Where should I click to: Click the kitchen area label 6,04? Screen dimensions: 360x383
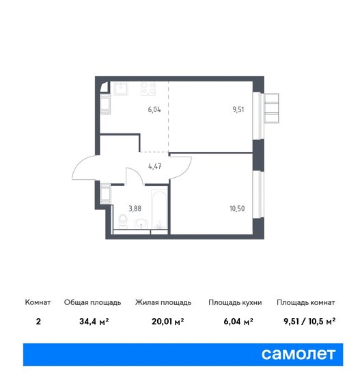pos(154,109)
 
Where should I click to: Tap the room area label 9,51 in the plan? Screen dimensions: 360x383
pos(238,109)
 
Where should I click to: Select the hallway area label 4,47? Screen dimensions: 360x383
pos(154,166)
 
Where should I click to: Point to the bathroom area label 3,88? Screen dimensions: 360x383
pos(135,209)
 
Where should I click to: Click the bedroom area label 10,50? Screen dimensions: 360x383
pos(237,209)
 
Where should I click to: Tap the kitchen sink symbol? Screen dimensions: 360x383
pos(121,88)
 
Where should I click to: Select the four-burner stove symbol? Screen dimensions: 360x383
pos(148,88)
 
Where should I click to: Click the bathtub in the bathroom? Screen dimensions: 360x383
pos(159,209)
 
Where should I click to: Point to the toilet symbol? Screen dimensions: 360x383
pos(123,220)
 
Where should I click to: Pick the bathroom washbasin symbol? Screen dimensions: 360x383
pos(141,223)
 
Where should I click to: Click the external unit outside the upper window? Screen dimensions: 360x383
pos(272,108)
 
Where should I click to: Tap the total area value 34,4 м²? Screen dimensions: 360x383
pos(94,321)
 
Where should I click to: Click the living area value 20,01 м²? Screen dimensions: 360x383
pos(168,321)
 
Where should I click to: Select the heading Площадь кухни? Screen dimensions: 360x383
pos(235,302)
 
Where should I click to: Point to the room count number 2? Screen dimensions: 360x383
pos(38,321)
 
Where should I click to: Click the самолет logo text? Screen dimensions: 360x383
pos(299,354)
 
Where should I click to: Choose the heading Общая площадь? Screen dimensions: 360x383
pos(92,302)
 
